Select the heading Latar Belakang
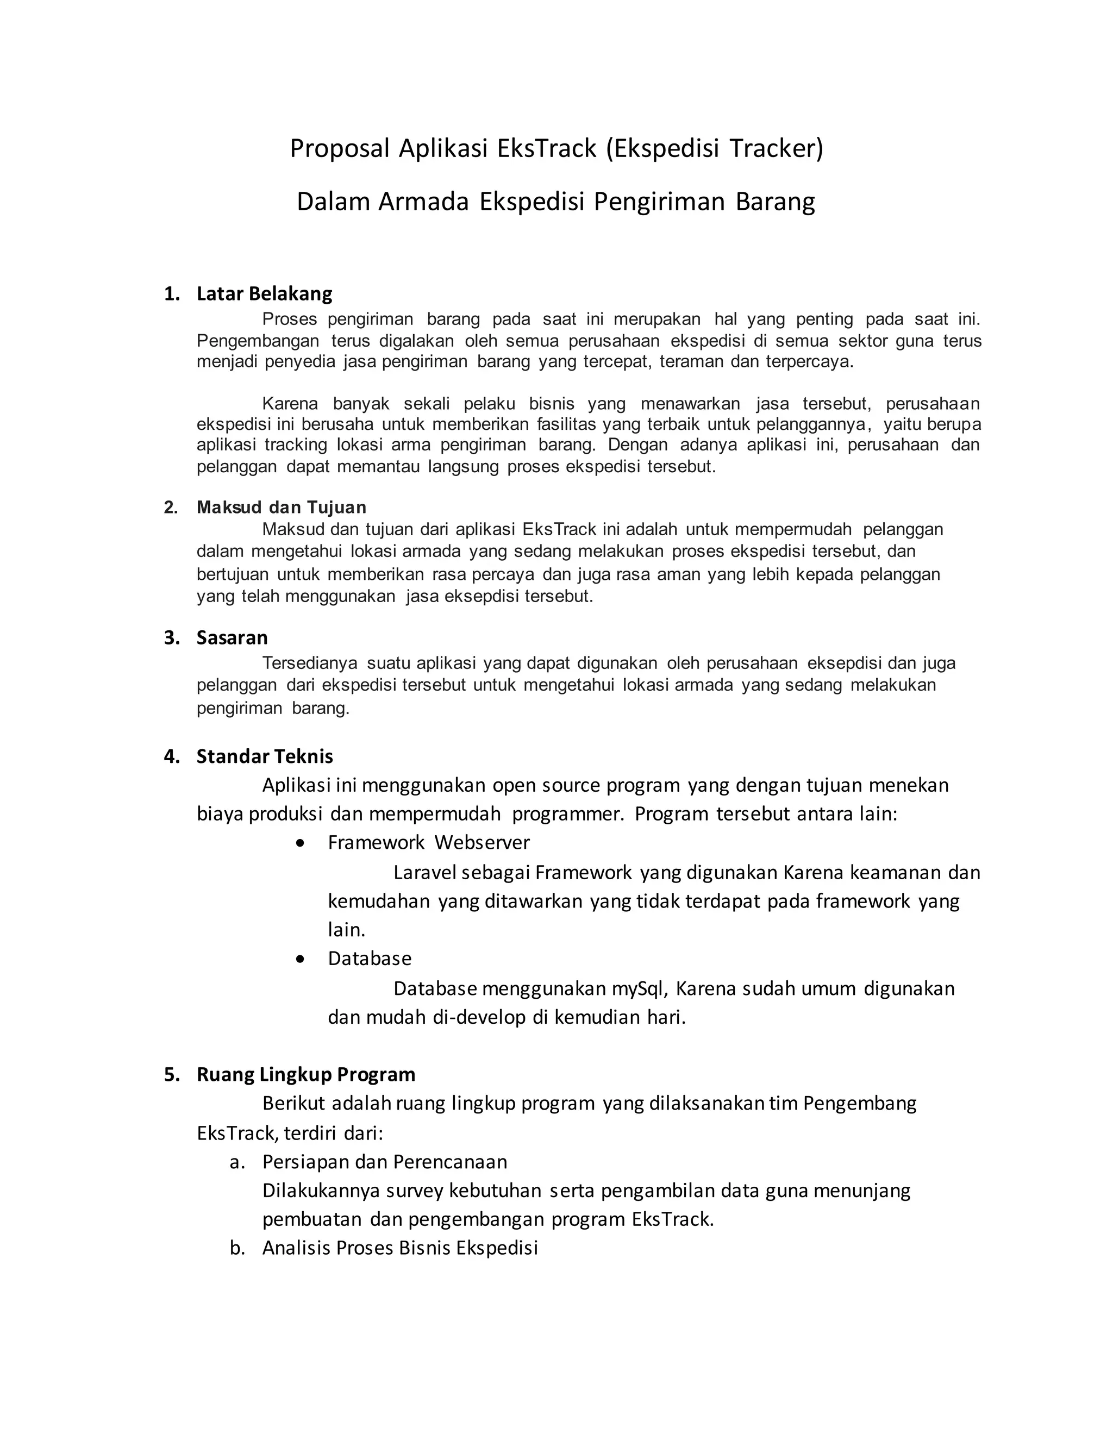coord(265,293)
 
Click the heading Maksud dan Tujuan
coord(281,507)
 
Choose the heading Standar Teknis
coord(265,756)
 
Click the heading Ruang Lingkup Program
coord(306,1074)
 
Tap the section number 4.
coord(171,756)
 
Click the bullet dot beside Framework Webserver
coord(301,843)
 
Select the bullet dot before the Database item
coord(301,959)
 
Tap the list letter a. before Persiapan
coord(237,1162)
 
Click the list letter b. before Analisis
coord(237,1248)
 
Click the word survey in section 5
coord(415,1191)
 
